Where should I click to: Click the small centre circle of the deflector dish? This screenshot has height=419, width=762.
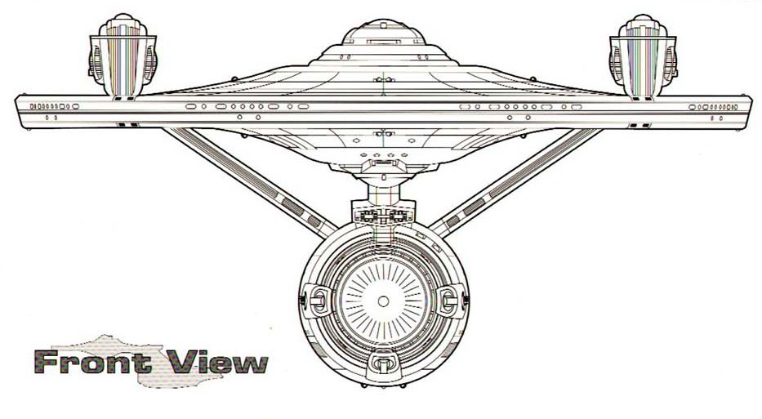point(383,301)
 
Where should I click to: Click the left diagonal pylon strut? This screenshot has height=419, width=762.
point(245,176)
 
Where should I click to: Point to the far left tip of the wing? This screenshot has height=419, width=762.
point(18,107)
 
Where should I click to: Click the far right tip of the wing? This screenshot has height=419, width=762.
point(749,107)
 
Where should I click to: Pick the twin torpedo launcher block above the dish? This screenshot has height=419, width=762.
point(382,217)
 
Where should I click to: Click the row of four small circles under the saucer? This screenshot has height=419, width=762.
point(381,153)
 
